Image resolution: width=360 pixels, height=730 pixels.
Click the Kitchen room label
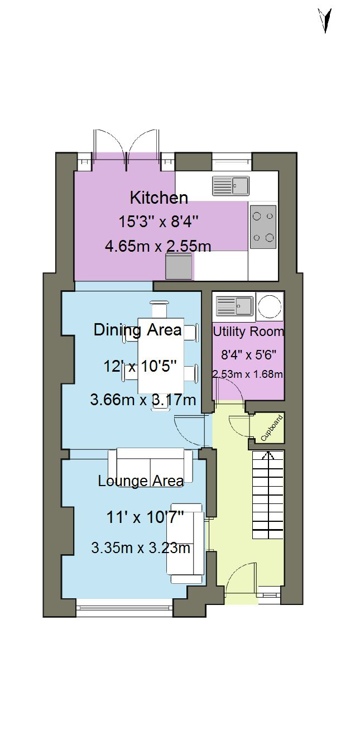point(159,198)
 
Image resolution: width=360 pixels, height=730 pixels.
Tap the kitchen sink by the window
point(231,186)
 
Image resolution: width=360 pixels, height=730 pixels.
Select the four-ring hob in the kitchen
point(263,227)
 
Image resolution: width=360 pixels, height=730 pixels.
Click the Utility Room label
point(248,332)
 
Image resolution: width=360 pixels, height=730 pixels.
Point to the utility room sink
point(234,306)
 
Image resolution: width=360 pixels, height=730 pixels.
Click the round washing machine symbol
point(270,306)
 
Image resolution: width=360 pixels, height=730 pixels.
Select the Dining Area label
point(137,330)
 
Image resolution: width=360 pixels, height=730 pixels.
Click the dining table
point(161,356)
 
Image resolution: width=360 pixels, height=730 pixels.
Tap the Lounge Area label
point(141,481)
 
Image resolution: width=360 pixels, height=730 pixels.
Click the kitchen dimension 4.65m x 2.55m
point(158,246)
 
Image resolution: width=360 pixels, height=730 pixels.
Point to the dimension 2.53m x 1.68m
point(248,374)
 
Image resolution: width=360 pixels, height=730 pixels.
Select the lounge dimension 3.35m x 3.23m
point(141,548)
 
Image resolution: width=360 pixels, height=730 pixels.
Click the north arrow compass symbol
point(325,21)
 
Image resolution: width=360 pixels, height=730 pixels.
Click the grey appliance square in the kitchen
point(179,267)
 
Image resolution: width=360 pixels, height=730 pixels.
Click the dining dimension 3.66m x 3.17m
point(143,400)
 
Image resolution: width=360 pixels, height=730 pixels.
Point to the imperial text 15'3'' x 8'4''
point(159,222)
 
